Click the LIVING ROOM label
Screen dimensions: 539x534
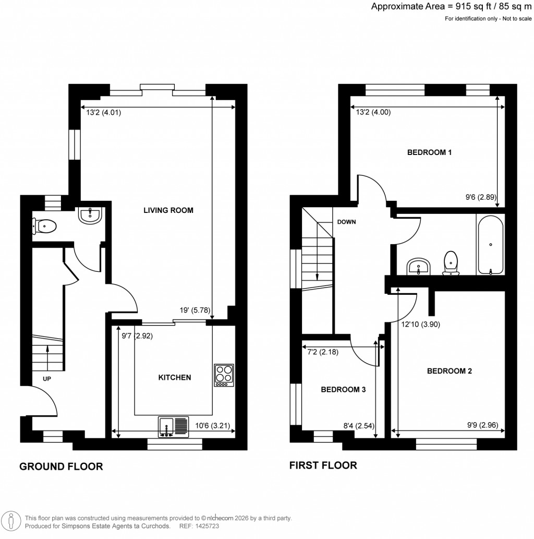pyautogui.click(x=168, y=211)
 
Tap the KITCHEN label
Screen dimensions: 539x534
pyautogui.click(x=175, y=377)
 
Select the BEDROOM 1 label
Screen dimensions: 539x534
pyautogui.click(x=429, y=153)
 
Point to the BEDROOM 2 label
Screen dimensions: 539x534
pyautogui.click(x=450, y=372)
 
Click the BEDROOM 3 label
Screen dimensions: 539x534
pyautogui.click(x=340, y=390)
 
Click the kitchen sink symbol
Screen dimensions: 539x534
pyautogui.click(x=173, y=426)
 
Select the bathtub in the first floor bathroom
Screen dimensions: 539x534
pyautogui.click(x=490, y=244)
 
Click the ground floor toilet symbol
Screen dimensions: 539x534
pyautogui.click(x=44, y=226)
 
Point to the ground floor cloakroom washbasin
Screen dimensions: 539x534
pyautogui.click(x=91, y=215)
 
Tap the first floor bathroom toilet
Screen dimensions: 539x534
pyautogui.click(x=451, y=263)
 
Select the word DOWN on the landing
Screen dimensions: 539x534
pyautogui.click(x=346, y=222)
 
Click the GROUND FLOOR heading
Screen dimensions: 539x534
pyautogui.click(x=61, y=466)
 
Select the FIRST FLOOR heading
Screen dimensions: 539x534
pyautogui.click(x=323, y=465)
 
